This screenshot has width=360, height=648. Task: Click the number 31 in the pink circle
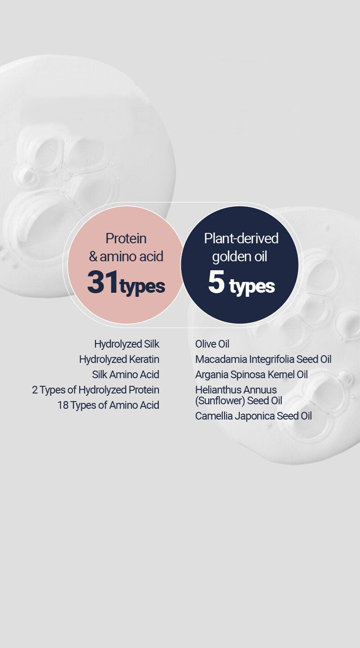point(103,282)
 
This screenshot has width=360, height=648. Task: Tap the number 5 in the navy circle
point(216,282)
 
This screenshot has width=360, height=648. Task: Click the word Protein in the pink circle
point(126,239)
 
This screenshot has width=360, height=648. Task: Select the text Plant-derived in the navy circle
point(241,238)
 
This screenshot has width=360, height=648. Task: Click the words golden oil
point(239,257)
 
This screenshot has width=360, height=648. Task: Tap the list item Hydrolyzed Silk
point(127,344)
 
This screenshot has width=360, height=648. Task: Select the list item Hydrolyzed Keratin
point(119,359)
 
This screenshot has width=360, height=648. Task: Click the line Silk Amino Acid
point(126,375)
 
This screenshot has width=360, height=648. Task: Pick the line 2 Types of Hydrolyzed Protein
point(96,390)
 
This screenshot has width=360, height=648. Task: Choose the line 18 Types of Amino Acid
point(108,405)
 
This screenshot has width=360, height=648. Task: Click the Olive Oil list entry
point(212,344)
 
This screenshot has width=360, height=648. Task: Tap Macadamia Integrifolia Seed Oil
point(263,360)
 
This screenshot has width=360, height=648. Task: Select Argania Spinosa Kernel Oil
point(252,375)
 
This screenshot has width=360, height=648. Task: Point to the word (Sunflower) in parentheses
point(220,401)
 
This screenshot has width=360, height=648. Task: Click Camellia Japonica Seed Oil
point(253,416)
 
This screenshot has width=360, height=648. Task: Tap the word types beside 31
point(142,287)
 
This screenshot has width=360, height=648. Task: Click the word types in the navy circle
point(252,287)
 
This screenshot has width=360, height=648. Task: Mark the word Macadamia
point(221,360)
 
